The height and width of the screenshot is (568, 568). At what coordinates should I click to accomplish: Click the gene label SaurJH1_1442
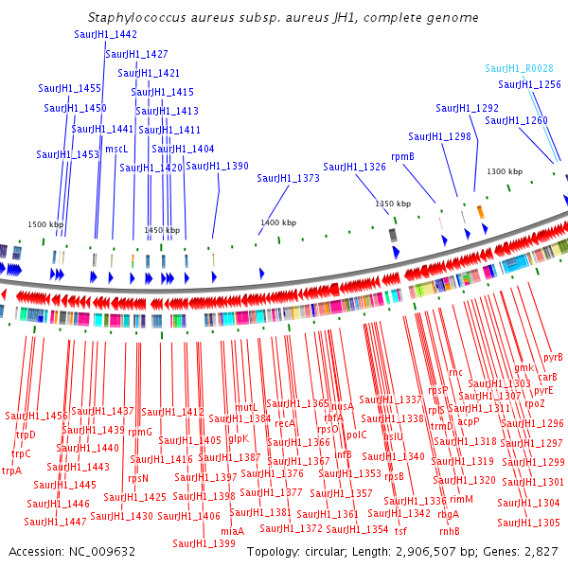[105, 34]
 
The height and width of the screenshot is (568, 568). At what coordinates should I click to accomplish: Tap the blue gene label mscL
[116, 149]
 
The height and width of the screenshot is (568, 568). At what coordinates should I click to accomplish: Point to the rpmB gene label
[403, 156]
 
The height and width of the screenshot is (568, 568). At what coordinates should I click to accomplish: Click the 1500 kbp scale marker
[44, 224]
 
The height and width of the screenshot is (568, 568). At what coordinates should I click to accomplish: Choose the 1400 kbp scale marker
[277, 222]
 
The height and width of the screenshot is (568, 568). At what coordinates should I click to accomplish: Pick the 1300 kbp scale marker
[505, 171]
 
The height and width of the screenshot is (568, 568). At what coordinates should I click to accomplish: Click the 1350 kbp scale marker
[393, 204]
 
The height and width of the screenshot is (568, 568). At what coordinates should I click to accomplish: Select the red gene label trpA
[11, 470]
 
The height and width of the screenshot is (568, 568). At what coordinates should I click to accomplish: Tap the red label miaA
[232, 531]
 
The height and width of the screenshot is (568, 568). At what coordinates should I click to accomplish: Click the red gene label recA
[285, 424]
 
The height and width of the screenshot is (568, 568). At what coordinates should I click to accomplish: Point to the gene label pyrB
[553, 358]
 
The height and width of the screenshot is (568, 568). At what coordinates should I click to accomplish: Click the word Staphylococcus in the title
[130, 18]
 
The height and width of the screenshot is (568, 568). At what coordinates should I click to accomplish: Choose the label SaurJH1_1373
[288, 178]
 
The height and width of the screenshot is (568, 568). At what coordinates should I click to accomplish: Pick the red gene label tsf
[401, 531]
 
